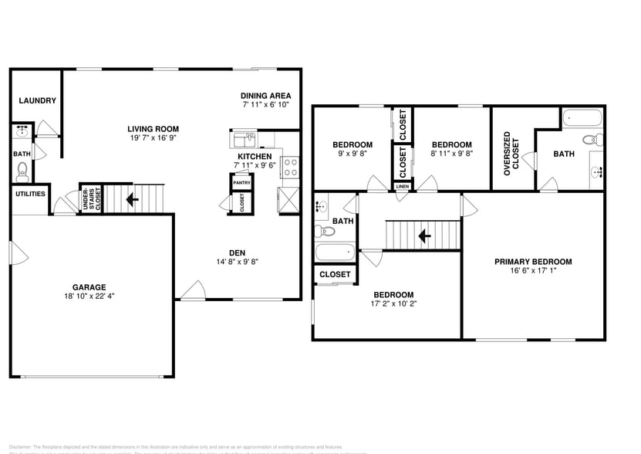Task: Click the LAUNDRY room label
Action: pyautogui.click(x=36, y=100)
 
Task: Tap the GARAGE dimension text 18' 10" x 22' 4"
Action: pyautogui.click(x=90, y=296)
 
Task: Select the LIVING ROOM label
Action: pyautogui.click(x=154, y=129)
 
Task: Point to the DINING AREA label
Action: pyautogui.click(x=265, y=95)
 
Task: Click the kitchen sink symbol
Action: pyautogui.click(x=245, y=140)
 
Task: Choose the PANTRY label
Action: pyautogui.click(x=242, y=182)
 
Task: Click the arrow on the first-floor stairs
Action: pyautogui.click(x=133, y=199)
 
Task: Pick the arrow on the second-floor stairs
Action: pyautogui.click(x=423, y=234)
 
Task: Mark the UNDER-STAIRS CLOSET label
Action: pyautogui.click(x=91, y=199)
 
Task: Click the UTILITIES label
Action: pyautogui.click(x=30, y=194)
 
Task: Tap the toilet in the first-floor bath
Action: pyautogui.click(x=22, y=170)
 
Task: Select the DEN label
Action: pyautogui.click(x=238, y=252)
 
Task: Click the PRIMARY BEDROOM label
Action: pyautogui.click(x=533, y=262)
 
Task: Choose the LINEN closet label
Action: pyautogui.click(x=403, y=187)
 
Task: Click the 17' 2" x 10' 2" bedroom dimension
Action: pyautogui.click(x=393, y=304)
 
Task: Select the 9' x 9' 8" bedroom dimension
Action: pyautogui.click(x=353, y=154)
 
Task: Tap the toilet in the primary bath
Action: pyautogui.click(x=592, y=141)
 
